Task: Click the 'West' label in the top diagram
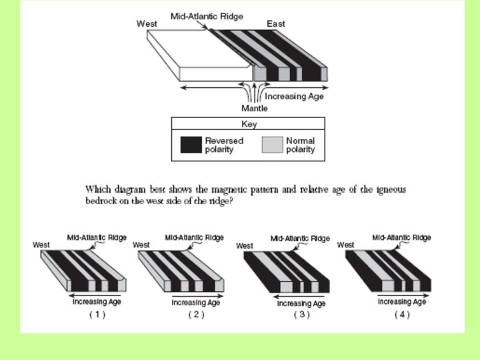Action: click(147, 23)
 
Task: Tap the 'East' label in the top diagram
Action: click(275, 23)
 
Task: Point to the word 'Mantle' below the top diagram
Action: click(254, 108)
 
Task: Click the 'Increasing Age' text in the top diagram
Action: click(299, 97)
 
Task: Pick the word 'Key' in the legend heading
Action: click(249, 124)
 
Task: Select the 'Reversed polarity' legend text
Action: click(224, 145)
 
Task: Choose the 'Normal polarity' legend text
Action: click(300, 145)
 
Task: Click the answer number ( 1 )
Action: click(97, 314)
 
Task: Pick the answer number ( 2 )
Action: click(196, 314)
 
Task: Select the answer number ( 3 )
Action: click(301, 315)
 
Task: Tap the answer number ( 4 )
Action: click(402, 314)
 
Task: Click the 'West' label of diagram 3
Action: click(245, 246)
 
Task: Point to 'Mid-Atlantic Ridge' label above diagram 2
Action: click(195, 237)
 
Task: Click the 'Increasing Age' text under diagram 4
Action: click(402, 302)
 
